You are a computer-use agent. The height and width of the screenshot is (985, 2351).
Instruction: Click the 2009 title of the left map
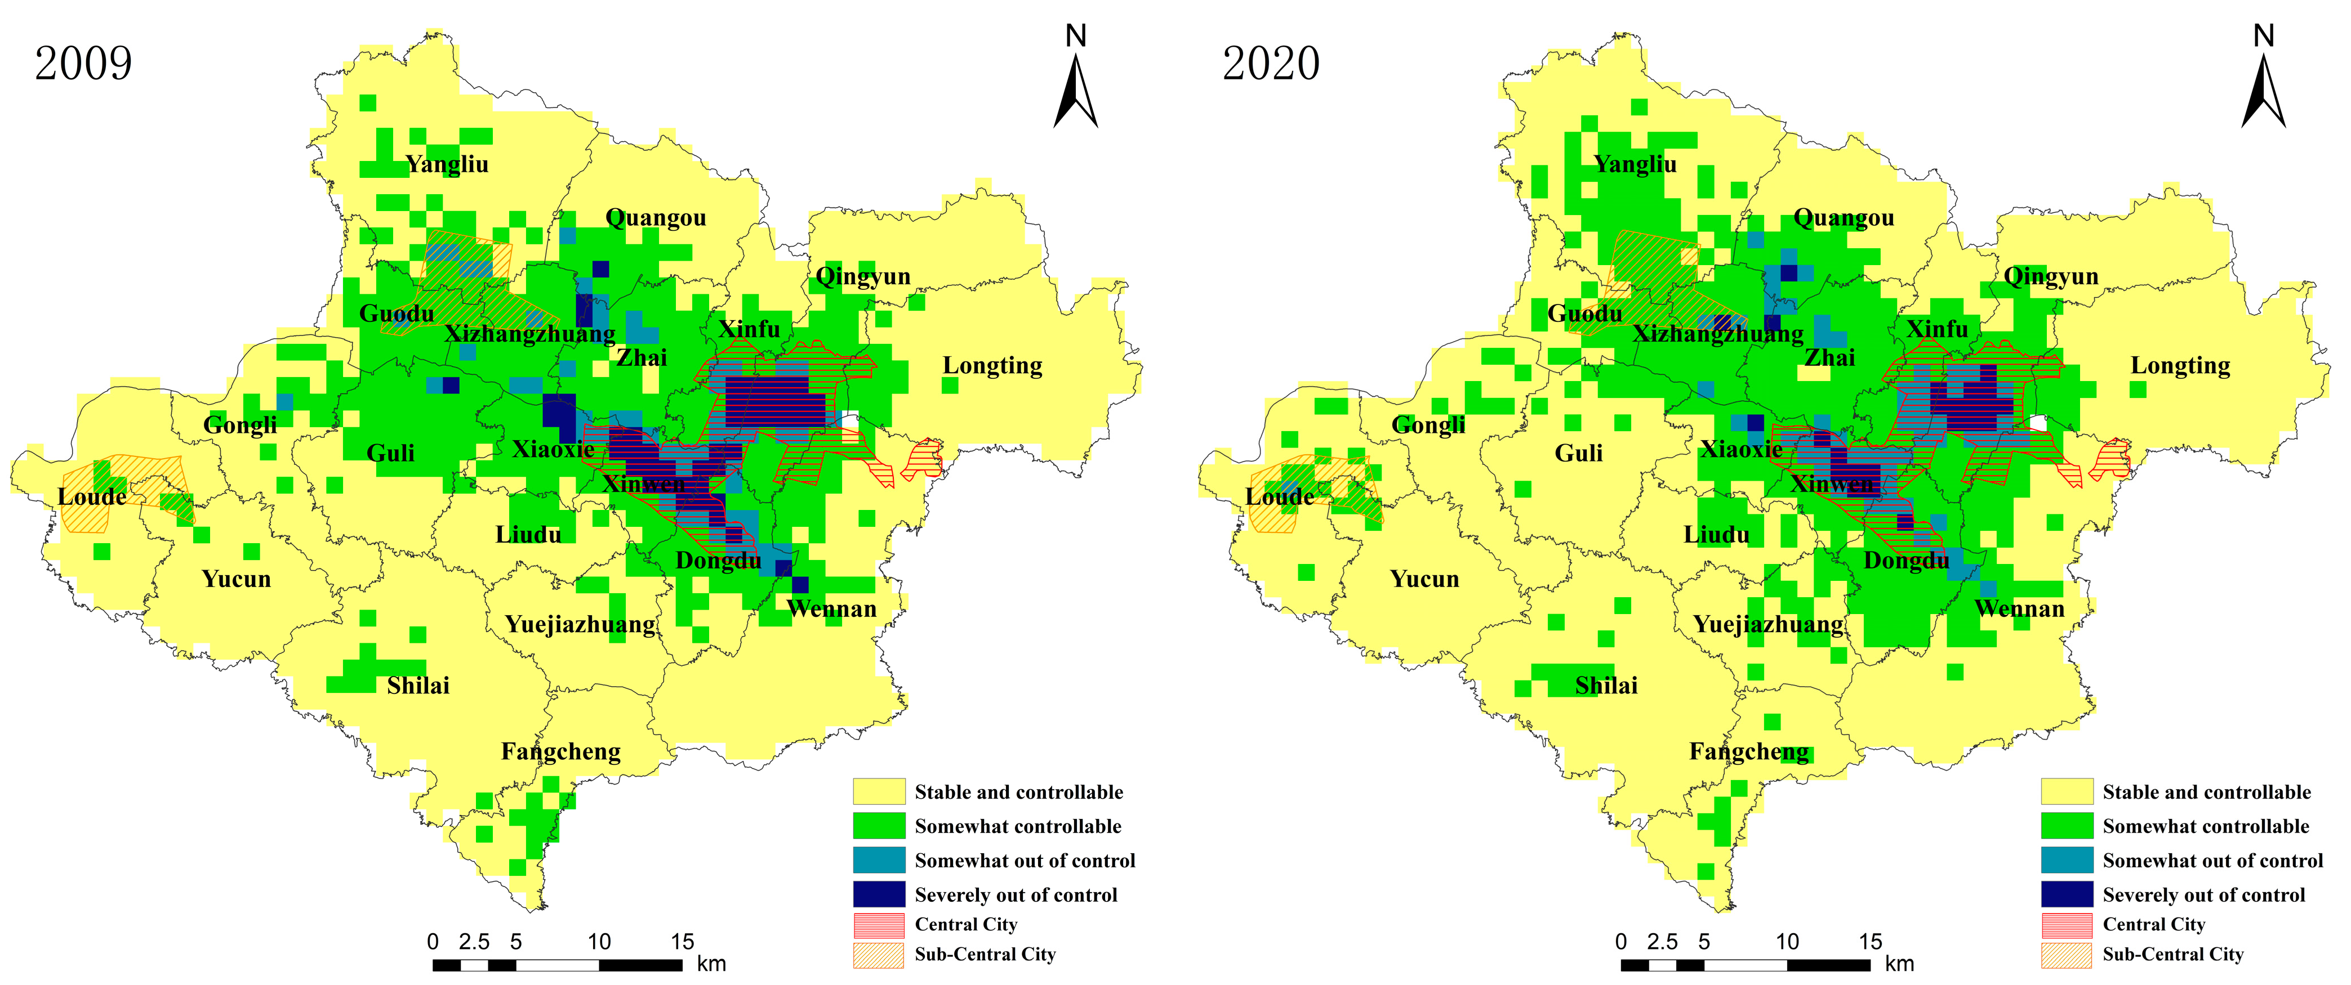(x=83, y=64)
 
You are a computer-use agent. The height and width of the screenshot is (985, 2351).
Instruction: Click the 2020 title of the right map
(x=1271, y=64)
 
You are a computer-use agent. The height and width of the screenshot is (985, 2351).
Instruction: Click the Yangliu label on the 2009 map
(x=447, y=164)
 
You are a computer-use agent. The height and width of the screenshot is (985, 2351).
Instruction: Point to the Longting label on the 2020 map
(x=2180, y=366)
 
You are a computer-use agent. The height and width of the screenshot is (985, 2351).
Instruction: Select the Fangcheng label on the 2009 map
(x=560, y=751)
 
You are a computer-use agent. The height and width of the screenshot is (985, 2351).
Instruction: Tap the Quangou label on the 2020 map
(x=1844, y=218)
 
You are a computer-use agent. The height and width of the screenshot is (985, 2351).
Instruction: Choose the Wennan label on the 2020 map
(x=2019, y=609)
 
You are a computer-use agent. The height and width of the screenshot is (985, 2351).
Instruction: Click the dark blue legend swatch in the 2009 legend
(x=879, y=894)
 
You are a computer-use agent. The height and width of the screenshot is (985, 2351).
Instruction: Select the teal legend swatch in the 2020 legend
(x=2067, y=860)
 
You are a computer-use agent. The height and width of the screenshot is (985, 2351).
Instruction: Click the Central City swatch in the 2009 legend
(x=879, y=925)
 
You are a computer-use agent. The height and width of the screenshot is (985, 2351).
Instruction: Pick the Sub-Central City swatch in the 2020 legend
(x=2067, y=955)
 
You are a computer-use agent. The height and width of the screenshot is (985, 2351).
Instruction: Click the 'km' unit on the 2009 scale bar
(x=711, y=964)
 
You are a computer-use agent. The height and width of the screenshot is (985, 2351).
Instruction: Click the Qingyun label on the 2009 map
(x=862, y=276)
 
